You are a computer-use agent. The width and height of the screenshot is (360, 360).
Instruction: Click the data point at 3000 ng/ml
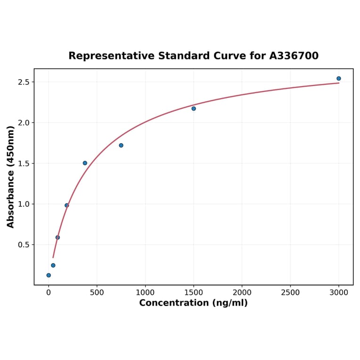pyautogui.click(x=339, y=79)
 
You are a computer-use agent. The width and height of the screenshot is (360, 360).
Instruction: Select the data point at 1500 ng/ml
pyautogui.click(x=194, y=109)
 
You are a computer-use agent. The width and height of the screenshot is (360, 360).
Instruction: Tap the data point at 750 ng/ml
pyautogui.click(x=121, y=145)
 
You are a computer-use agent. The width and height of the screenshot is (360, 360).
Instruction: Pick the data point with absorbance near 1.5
pyautogui.click(x=85, y=163)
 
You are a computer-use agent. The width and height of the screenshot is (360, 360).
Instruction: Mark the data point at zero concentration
pyautogui.click(x=49, y=275)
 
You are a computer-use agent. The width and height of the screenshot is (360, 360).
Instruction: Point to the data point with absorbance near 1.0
pyautogui.click(x=67, y=205)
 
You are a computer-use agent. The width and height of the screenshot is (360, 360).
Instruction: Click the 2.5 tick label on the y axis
pyautogui.click(x=23, y=82)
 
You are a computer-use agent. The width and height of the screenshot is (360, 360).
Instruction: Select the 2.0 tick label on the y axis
pyautogui.click(x=23, y=123)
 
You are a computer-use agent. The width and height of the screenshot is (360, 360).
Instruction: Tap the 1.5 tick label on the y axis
pyautogui.click(x=23, y=164)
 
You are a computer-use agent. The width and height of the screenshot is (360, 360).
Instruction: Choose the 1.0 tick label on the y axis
pyautogui.click(x=23, y=204)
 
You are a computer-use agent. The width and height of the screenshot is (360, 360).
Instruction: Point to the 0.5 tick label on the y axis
pyautogui.click(x=23, y=245)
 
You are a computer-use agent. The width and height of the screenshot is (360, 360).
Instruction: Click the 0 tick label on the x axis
pyautogui.click(x=49, y=293)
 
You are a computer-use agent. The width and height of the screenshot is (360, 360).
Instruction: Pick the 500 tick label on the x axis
pyautogui.click(x=97, y=293)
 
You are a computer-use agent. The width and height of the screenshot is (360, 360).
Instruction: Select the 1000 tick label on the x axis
pyautogui.click(x=145, y=293)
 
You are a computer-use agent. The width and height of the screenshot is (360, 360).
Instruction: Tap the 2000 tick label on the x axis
pyautogui.click(x=242, y=293)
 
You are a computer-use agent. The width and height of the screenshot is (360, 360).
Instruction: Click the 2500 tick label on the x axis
pyautogui.click(x=290, y=293)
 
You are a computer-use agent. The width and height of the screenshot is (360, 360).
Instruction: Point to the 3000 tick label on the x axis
pyautogui.click(x=339, y=293)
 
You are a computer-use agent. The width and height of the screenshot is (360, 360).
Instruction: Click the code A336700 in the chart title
pyautogui.click(x=294, y=56)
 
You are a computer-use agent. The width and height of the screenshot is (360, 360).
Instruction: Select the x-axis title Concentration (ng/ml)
pyautogui.click(x=193, y=303)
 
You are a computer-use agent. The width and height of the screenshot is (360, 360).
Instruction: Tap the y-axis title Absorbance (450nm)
pyautogui.click(x=11, y=177)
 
